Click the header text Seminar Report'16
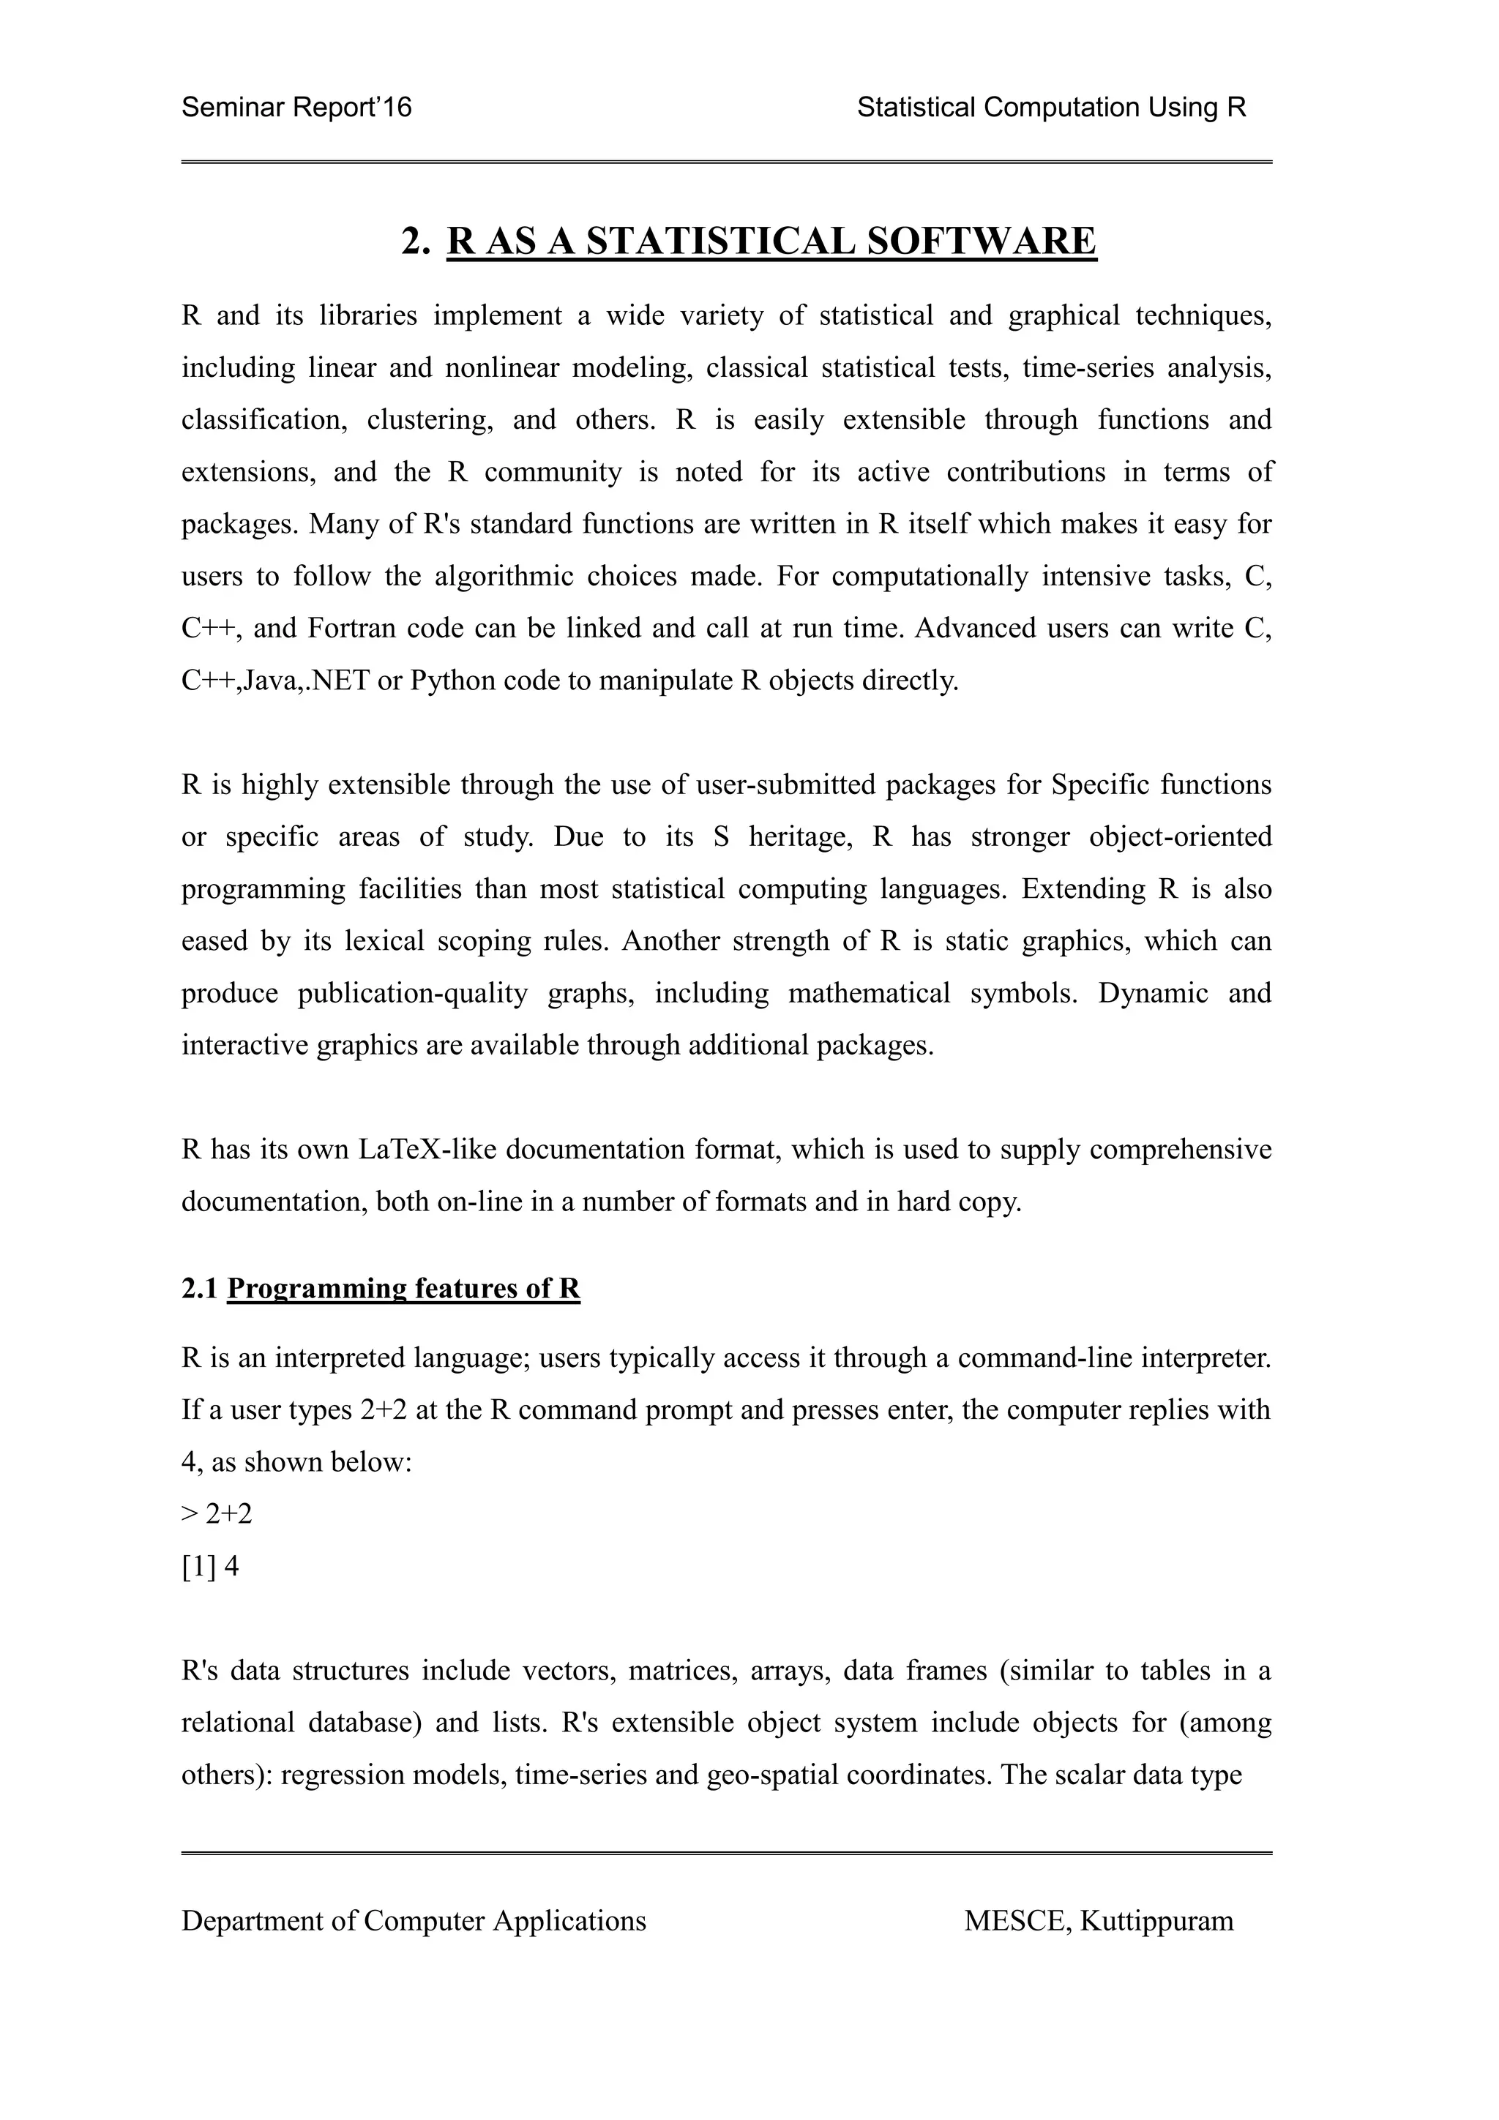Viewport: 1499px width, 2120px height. click(x=296, y=108)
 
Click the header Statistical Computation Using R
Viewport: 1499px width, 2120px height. click(x=1051, y=108)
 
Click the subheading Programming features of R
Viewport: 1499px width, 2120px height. click(x=403, y=1288)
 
